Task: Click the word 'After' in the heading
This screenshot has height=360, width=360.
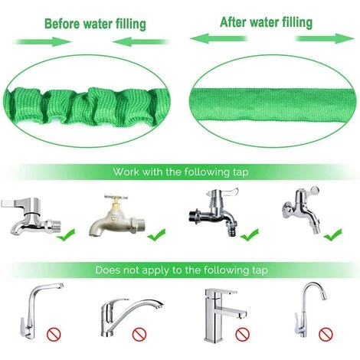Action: [233, 22]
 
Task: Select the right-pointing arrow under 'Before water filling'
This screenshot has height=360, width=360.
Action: [43, 41]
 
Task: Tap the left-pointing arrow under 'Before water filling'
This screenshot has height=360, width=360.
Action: [140, 41]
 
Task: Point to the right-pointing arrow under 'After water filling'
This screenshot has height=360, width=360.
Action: [325, 38]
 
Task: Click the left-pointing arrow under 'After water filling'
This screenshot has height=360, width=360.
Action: [219, 38]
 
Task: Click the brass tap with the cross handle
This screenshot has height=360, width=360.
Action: [117, 215]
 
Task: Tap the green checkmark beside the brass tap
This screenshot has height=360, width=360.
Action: [156, 234]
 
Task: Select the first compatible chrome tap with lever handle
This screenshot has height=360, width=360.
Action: [31, 216]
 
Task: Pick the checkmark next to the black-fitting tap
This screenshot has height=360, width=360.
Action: [250, 234]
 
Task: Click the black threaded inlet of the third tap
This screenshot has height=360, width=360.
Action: [195, 217]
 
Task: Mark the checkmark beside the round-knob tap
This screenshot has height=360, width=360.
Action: [332, 234]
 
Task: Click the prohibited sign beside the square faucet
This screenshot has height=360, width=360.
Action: [242, 334]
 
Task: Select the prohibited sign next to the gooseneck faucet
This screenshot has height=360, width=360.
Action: [326, 334]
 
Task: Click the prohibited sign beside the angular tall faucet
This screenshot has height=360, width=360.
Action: [54, 334]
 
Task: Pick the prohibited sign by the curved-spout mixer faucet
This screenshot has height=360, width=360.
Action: [139, 334]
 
